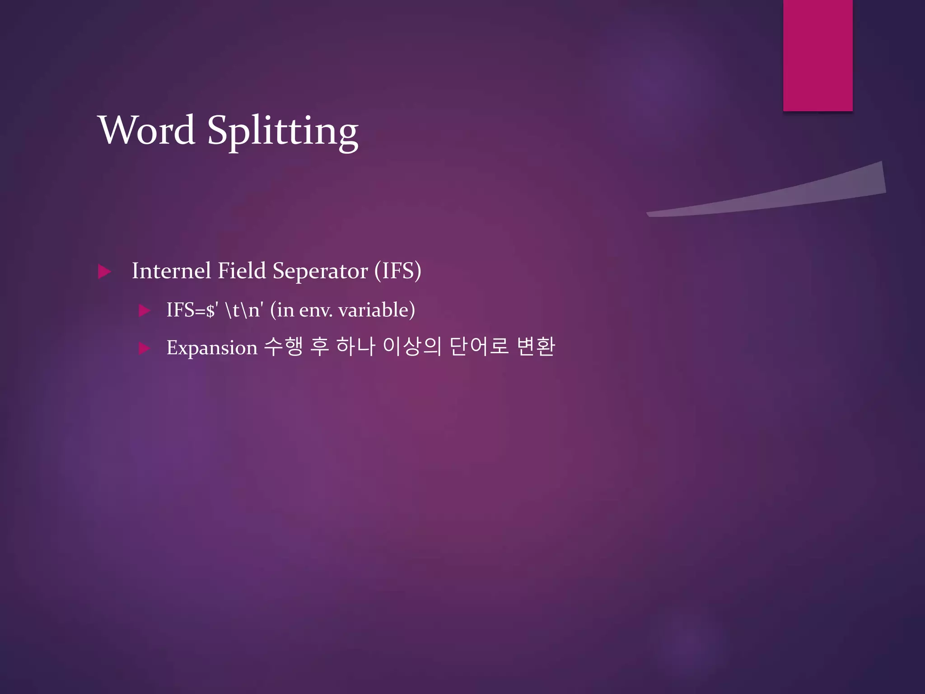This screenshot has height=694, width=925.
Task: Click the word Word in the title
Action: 146,130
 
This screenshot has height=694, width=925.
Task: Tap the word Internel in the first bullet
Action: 172,271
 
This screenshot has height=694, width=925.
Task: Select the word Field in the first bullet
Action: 242,271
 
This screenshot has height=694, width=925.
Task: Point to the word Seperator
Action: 320,271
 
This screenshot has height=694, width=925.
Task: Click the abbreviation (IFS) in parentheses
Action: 397,271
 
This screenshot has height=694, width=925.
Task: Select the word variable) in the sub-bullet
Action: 376,310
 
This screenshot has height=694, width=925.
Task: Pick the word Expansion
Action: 212,348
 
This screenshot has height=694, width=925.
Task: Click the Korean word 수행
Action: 283,347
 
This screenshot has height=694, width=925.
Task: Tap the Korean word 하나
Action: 355,347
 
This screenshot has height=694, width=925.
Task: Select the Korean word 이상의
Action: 411,347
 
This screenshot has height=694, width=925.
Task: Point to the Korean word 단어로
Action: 479,347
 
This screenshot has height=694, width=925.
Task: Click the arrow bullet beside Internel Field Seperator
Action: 104,272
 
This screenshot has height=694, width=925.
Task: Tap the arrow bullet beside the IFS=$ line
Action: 144,310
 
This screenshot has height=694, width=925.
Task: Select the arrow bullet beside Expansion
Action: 144,348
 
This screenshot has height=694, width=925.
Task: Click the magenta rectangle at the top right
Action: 818,55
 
